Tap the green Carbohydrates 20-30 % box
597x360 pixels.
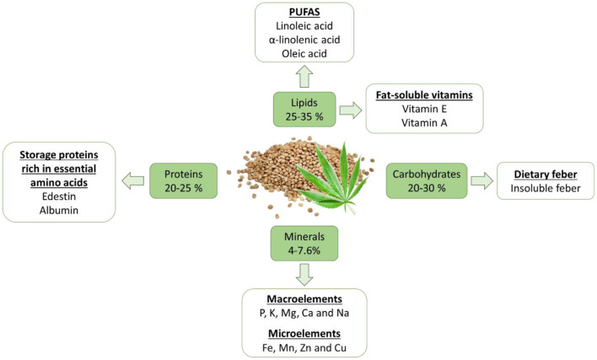[427, 180]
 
